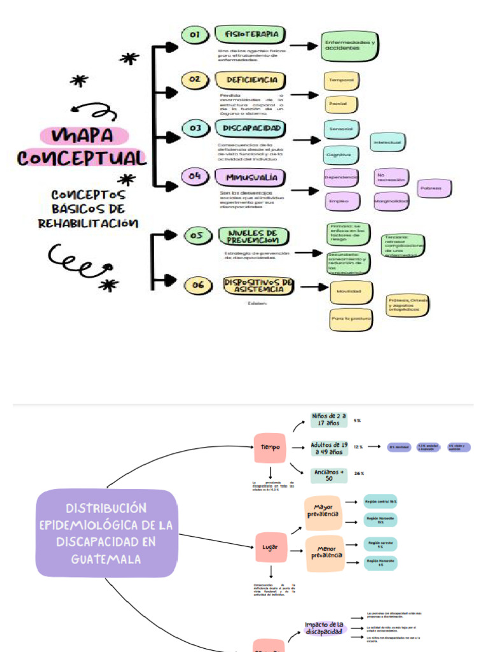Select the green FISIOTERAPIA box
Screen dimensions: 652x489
250,34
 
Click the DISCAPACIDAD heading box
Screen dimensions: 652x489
252,129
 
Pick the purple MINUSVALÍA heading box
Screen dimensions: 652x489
250,176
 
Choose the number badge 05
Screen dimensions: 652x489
197,236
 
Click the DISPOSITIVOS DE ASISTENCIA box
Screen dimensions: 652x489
259,285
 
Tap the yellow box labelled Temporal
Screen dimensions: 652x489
342,80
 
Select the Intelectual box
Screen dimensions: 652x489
388,142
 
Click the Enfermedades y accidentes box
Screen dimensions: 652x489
349,46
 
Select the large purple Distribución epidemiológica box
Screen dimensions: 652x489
106,534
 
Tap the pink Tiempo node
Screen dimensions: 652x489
270,448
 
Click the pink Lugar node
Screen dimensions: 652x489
270,547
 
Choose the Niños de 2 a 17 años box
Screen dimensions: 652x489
329,420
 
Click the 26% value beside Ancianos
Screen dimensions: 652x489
359,474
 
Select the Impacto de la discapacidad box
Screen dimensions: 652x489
324,628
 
